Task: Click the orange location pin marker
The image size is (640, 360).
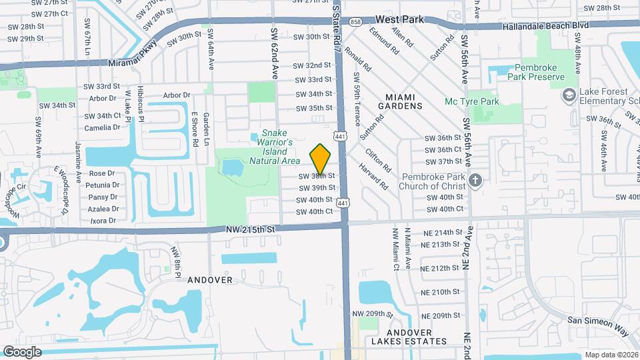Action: [x=321, y=159]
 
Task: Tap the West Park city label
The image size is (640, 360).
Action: [x=399, y=20]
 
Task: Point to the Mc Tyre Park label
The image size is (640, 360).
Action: [x=471, y=101]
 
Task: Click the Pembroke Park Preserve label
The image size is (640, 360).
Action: [x=545, y=72]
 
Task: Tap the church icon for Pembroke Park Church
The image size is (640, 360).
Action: [x=475, y=181]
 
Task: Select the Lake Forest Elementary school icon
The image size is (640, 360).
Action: [x=569, y=96]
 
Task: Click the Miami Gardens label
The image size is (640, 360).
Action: [x=400, y=101]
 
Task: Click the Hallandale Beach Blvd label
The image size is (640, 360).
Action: [x=547, y=25]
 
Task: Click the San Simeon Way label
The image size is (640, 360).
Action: [x=598, y=322]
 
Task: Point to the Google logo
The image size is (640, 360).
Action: [x=22, y=351]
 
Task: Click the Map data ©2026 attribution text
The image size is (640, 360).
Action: [x=611, y=355]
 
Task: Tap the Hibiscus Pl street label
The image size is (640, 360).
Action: [x=141, y=103]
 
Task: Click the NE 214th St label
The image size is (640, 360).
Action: [x=442, y=232]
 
